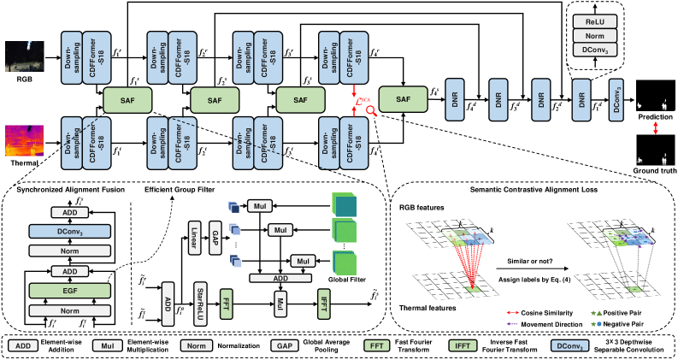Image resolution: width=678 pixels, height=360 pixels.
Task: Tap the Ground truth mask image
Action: tap(656, 156)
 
